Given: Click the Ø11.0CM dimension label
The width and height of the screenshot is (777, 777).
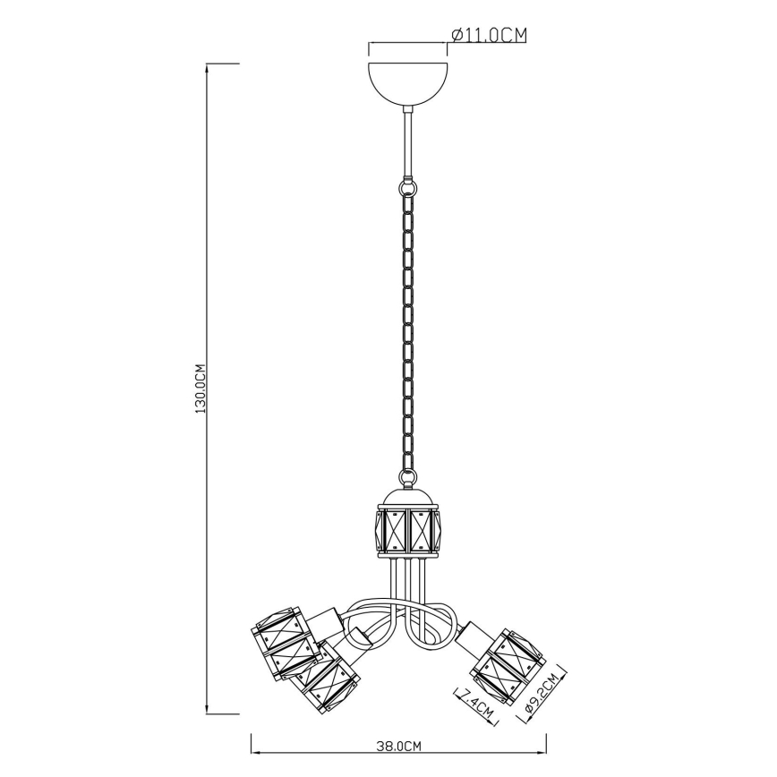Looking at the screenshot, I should [488, 35].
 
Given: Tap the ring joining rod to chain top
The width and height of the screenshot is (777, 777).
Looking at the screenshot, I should [408, 188].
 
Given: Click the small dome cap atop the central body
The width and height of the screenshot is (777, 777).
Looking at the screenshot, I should [407, 497].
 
